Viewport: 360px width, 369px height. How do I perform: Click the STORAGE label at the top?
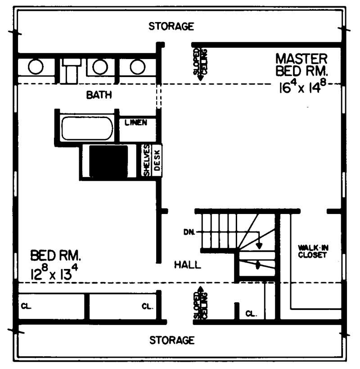coord(171,26)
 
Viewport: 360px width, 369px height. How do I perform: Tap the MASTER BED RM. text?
coord(302,65)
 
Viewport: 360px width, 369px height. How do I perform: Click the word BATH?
coord(99,95)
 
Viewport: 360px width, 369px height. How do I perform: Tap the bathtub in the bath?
coord(87,128)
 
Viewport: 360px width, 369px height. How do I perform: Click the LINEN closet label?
coord(136,123)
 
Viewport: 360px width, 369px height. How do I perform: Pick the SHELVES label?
coord(147,161)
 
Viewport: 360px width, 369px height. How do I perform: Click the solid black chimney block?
coord(108,161)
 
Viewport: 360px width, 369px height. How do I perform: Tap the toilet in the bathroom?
coord(71,71)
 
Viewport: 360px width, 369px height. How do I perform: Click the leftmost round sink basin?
coord(36,67)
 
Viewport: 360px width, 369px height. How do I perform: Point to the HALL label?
coord(187,265)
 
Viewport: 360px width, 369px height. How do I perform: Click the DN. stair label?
coord(189,232)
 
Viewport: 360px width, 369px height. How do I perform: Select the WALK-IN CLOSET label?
coord(312,251)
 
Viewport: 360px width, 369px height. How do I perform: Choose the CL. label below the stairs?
coord(251,313)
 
